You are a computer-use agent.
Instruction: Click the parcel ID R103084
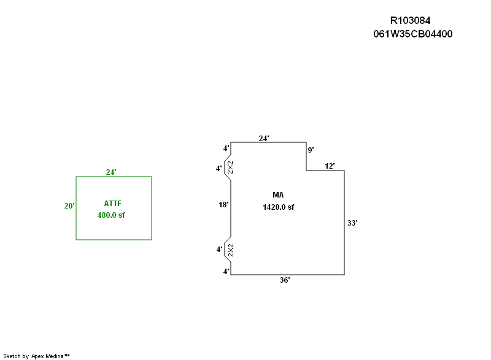click(x=414, y=21)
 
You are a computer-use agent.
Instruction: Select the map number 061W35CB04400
click(x=412, y=34)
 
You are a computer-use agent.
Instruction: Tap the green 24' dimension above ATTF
click(x=111, y=172)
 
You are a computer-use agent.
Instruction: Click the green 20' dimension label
click(x=69, y=206)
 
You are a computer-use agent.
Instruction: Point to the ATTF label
click(x=114, y=203)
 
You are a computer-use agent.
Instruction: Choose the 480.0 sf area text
click(x=111, y=215)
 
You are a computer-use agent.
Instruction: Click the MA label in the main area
click(x=278, y=195)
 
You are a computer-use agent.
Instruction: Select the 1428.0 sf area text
click(x=278, y=207)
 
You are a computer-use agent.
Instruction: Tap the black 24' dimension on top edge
click(x=264, y=139)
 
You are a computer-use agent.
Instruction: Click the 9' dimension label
click(x=311, y=150)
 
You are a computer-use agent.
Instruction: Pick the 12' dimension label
click(x=330, y=166)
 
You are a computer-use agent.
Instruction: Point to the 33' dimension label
click(x=352, y=223)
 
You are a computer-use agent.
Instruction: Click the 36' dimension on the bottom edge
click(x=285, y=280)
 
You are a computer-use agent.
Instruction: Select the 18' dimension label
click(x=223, y=205)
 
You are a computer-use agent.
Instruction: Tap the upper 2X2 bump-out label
click(x=230, y=168)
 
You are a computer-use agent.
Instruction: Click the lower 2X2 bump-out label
click(x=230, y=250)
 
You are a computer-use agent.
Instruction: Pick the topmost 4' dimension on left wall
click(x=226, y=148)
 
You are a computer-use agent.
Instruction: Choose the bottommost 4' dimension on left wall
click(x=226, y=271)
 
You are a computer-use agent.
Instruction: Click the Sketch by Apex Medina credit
click(x=36, y=356)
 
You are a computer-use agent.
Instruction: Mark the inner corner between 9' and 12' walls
click(x=306, y=170)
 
